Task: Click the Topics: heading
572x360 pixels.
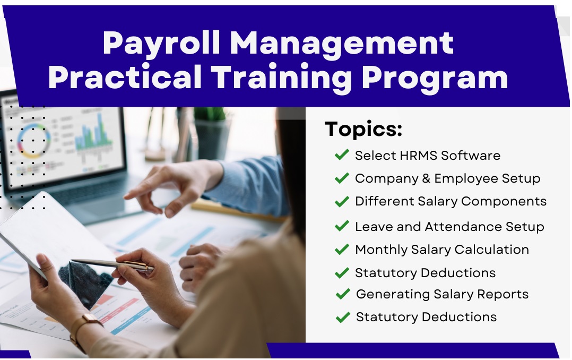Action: click(x=363, y=129)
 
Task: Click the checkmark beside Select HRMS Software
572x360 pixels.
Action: click(x=342, y=155)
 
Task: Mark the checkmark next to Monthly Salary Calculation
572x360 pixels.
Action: click(x=342, y=249)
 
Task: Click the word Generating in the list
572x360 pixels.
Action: click(x=393, y=295)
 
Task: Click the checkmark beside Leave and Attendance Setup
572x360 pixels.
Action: click(x=342, y=226)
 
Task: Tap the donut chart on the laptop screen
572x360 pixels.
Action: click(x=34, y=141)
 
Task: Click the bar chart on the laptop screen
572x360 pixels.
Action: click(x=93, y=132)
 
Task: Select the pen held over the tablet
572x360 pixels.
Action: click(x=112, y=265)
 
